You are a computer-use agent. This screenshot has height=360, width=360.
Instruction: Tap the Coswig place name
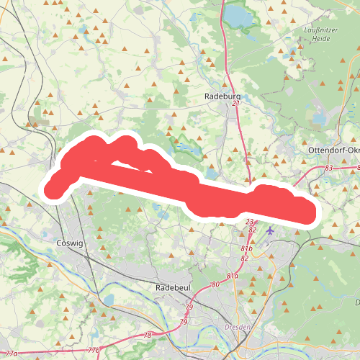pyautogui.click(x=70, y=243)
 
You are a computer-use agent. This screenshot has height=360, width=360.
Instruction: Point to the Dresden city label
pyautogui.click(x=238, y=327)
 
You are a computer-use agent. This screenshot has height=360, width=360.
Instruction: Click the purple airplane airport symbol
pyautogui.click(x=269, y=231)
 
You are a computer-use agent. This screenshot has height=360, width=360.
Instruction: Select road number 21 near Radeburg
pyautogui.click(x=235, y=104)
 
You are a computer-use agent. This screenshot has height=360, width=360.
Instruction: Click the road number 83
pyautogui.click(x=329, y=168)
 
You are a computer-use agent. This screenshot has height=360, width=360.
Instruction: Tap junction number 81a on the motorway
pyautogui.click(x=232, y=276)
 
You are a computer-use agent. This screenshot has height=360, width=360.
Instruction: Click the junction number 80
pyautogui.click(x=215, y=284)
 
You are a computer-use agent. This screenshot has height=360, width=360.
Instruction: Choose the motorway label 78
pyautogui.click(x=148, y=336)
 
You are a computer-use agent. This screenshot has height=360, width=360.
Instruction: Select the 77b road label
pyautogui.click(x=94, y=350)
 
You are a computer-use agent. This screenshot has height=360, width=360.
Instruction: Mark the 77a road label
pyautogui.click(x=10, y=353)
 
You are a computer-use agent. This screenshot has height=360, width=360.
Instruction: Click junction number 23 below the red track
pyautogui.click(x=249, y=222)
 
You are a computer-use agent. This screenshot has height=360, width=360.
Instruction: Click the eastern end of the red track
pyautogui.click(x=308, y=214)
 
